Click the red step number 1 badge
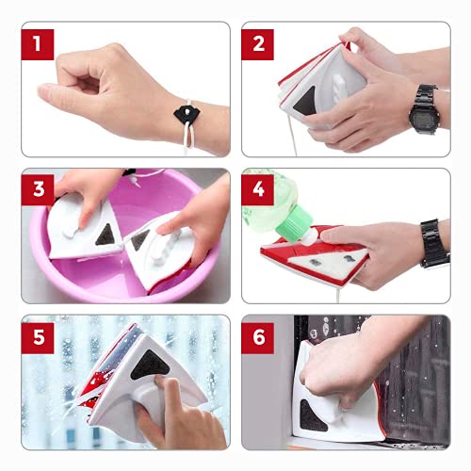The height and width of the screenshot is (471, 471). [x=38, y=44]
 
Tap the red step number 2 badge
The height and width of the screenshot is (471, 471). [x=257, y=44]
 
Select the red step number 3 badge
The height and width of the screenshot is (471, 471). [x=38, y=189]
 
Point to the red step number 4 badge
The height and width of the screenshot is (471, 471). [x=257, y=189]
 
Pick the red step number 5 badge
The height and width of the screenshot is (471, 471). [x=38, y=338]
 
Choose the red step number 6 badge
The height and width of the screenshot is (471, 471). [x=257, y=338]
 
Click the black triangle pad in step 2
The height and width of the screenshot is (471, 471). [x=304, y=101]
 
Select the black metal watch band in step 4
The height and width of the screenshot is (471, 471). [x=434, y=243]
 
